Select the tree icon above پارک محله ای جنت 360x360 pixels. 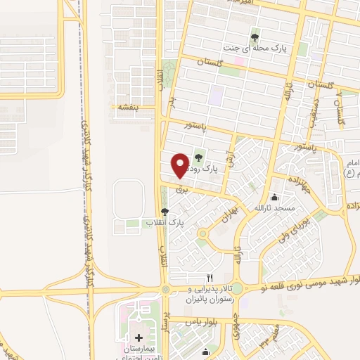pos(255,37)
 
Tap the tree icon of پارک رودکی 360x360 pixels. pos(200,157)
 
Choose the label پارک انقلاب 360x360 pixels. pos(165,222)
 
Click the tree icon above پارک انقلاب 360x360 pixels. pos(165,211)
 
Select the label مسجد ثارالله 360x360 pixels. pos(278,210)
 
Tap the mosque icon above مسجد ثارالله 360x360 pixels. pos(274,197)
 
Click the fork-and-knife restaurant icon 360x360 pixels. pos(209,278)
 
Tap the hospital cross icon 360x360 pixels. pos(139,338)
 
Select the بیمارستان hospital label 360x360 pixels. pos(139,349)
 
